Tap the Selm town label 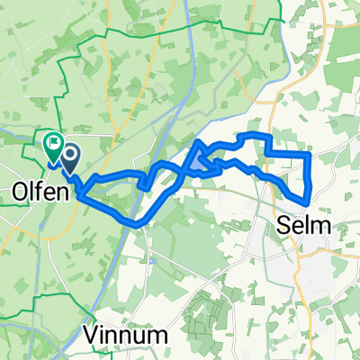click(x=307, y=224)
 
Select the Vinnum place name click(x=130, y=336)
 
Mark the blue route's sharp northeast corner click(x=310, y=155)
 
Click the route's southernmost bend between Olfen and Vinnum click(x=135, y=222)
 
